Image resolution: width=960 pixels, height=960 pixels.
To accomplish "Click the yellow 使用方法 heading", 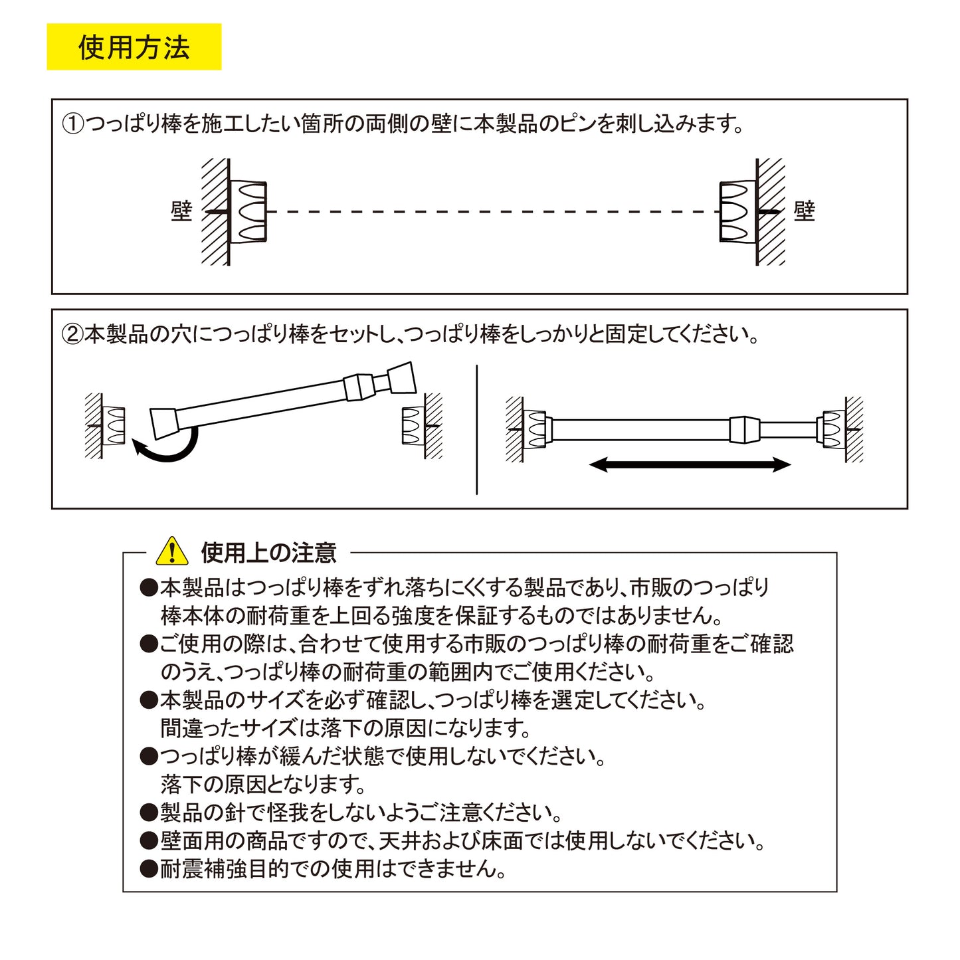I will [134, 47].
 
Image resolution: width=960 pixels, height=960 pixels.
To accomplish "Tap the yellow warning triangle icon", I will [171, 551].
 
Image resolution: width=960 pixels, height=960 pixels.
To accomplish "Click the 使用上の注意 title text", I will [268, 552].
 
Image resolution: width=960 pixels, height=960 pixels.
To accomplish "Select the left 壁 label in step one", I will [181, 211].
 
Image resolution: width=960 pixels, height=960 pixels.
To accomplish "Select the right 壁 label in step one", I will [804, 211].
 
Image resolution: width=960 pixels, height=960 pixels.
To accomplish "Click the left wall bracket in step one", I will [248, 211].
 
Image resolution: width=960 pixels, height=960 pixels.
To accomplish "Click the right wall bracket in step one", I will [737, 211].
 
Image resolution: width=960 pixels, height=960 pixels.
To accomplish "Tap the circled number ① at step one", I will [72, 124].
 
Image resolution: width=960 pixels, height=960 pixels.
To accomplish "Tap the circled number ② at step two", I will [72, 334].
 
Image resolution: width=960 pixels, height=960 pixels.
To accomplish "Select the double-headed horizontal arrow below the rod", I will [690, 464].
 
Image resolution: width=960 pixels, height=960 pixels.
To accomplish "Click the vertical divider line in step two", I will [477, 430].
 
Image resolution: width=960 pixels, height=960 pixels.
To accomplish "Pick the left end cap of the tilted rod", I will [163, 423].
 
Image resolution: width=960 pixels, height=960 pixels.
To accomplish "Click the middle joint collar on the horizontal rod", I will [744, 430].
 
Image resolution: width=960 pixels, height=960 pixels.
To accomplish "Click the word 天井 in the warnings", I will [399, 841].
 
